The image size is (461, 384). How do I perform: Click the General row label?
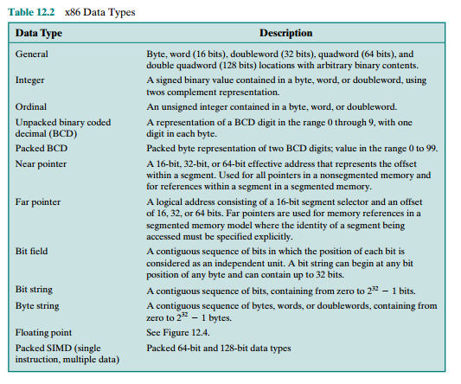(32, 54)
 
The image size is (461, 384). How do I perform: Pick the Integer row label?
(31, 80)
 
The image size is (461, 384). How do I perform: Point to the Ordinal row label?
(32, 105)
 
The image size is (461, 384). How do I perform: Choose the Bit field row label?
(34, 250)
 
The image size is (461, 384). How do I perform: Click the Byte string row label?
(38, 305)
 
